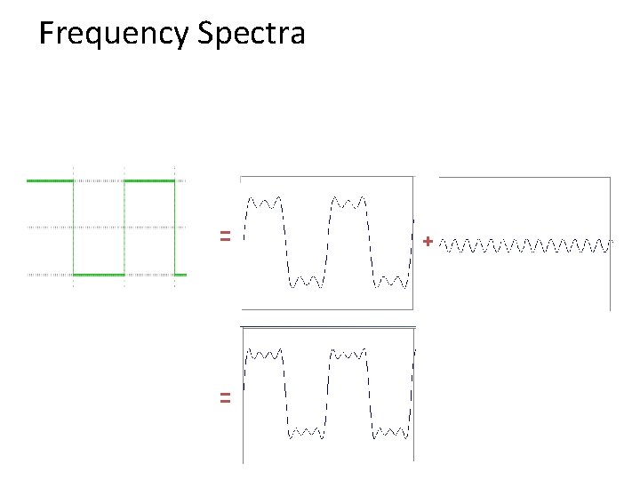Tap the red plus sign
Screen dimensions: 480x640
pyautogui.click(x=428, y=241)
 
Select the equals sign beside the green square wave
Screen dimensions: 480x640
pyautogui.click(x=226, y=236)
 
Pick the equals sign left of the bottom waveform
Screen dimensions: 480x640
pyautogui.click(x=226, y=399)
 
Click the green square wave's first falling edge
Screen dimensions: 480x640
pyautogui.click(x=74, y=228)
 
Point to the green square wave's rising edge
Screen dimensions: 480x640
pyautogui.click(x=124, y=228)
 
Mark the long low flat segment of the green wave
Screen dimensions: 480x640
pyautogui.click(x=99, y=275)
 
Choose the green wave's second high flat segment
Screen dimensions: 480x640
pyautogui.click(x=149, y=180)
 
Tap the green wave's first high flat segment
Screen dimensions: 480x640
pyautogui.click(x=50, y=180)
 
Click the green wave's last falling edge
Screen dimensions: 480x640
pyautogui.click(x=175, y=228)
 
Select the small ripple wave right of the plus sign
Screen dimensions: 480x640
pyautogui.click(x=528, y=242)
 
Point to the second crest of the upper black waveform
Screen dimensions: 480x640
pyautogui.click(x=349, y=202)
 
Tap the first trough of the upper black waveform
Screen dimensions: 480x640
pyautogui.click(x=307, y=282)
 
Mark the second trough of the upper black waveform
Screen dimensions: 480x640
pyautogui.click(x=391, y=282)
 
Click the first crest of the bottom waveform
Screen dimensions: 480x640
pyautogui.click(x=265, y=354)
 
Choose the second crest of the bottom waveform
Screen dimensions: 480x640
pyautogui.click(x=349, y=354)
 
